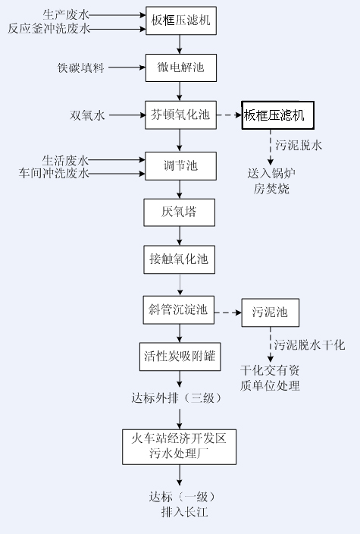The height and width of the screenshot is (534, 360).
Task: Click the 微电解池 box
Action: tap(181, 68)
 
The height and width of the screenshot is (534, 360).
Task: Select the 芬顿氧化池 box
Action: tap(180, 115)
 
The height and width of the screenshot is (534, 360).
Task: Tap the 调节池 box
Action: tap(180, 166)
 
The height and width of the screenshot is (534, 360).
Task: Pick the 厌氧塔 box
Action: tap(180, 212)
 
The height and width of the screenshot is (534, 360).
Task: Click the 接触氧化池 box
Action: tap(180, 259)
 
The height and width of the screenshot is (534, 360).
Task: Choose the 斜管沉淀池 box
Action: tap(179, 310)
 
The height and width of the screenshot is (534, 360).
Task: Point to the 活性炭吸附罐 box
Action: tap(180, 357)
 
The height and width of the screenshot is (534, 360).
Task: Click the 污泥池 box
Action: tap(271, 313)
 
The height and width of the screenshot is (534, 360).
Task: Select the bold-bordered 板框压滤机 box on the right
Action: tap(277, 115)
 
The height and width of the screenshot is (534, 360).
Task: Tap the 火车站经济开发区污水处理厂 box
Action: tap(180, 447)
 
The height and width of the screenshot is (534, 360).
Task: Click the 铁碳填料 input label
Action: tap(80, 68)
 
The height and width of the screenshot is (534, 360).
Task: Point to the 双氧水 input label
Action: tap(87, 115)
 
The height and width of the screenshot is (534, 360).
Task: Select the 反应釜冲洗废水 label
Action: tap(49, 29)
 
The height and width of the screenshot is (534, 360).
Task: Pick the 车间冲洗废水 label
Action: tap(54, 174)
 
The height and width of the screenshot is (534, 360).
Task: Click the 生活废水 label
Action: tap(65, 160)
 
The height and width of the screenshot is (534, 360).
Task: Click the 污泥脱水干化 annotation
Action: tap(310, 345)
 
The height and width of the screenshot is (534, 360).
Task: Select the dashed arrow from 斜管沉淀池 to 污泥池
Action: tap(228, 313)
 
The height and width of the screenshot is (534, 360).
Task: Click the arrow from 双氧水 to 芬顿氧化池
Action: tap(127, 115)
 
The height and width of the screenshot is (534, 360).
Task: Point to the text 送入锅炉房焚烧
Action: tap(271, 181)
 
